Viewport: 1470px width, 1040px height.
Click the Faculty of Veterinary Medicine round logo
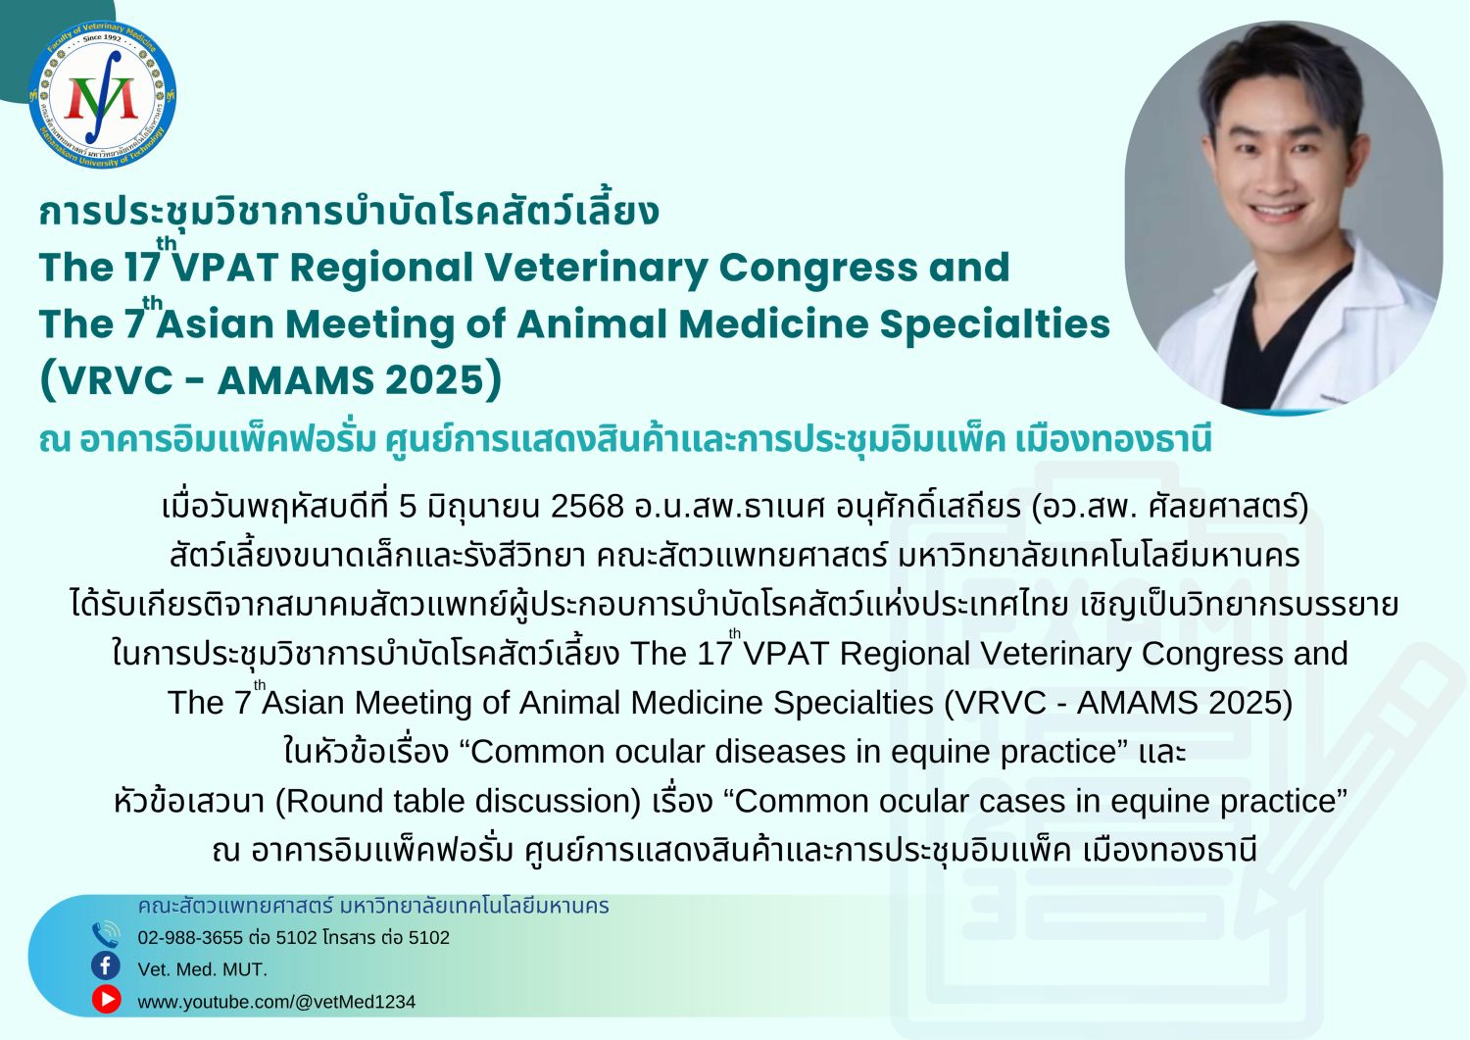coord(102,95)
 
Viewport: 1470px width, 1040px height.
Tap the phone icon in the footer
coord(106,934)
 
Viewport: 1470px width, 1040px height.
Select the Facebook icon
coord(106,966)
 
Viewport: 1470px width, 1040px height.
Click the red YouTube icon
coord(106,999)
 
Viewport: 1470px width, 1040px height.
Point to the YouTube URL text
coord(276,1002)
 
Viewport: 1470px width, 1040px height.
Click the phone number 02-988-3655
coord(190,938)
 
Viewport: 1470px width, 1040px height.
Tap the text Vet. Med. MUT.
coord(202,969)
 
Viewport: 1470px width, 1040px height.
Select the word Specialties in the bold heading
coord(995,325)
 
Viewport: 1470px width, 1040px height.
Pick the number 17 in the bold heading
coord(142,268)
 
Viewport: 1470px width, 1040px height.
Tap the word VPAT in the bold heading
coord(224,268)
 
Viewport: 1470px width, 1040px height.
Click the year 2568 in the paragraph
coord(587,506)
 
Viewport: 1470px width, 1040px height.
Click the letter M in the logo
coord(102,98)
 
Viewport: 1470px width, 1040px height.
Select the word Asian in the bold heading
coord(214,325)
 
